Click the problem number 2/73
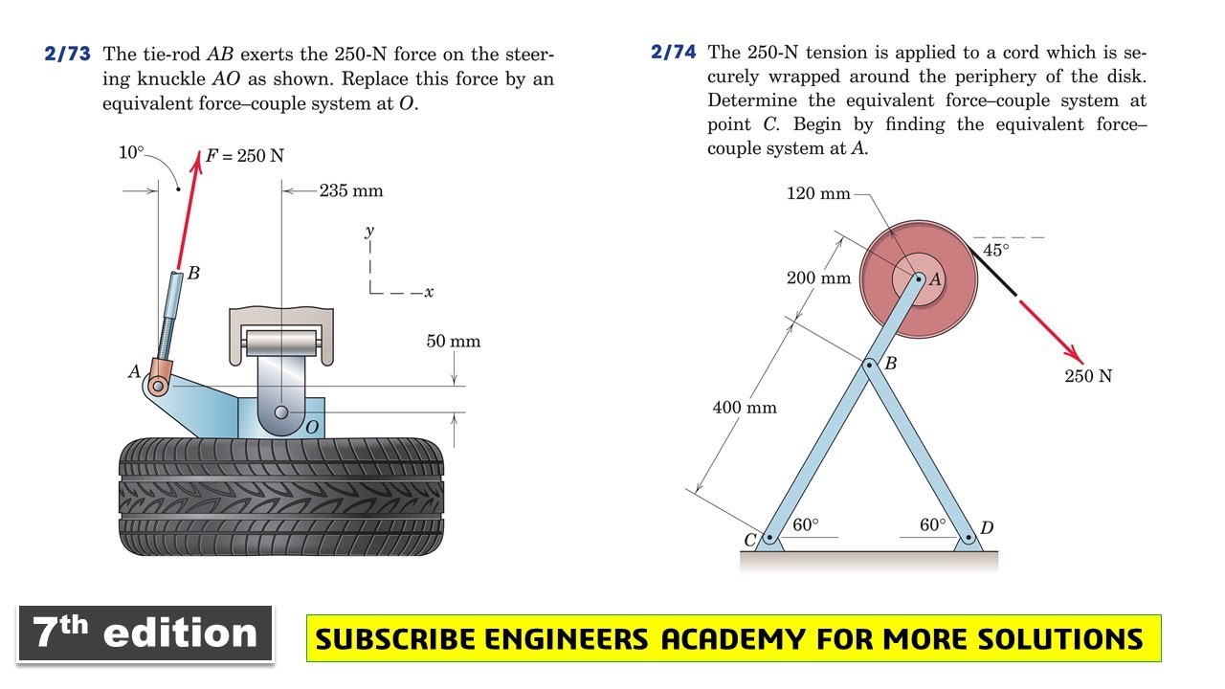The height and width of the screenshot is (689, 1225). coord(67,54)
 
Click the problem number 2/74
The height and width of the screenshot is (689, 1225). coord(673,52)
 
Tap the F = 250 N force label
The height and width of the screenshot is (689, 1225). coord(244,156)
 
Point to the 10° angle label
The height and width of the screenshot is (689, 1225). coord(131,152)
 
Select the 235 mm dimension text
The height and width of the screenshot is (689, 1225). coord(351,190)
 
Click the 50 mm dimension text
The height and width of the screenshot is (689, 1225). coord(454,342)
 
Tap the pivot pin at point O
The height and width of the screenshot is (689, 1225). coord(281,411)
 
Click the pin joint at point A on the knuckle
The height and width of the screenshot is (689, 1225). coord(158,386)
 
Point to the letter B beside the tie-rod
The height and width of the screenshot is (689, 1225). coord(193,273)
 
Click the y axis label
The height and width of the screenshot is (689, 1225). coord(369,231)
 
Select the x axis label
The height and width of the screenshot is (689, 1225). coord(430,293)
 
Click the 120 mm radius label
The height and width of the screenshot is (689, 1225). coord(818,193)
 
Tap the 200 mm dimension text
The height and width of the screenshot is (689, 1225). coord(818,278)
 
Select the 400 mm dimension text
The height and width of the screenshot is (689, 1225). coord(745,408)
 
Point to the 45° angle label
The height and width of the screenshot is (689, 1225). coord(996,251)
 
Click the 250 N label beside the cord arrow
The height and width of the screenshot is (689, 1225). coord(1088,376)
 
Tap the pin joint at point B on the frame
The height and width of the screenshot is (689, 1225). coord(868,365)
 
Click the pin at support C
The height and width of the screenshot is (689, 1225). coord(769,538)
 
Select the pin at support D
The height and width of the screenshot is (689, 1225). coord(968,538)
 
